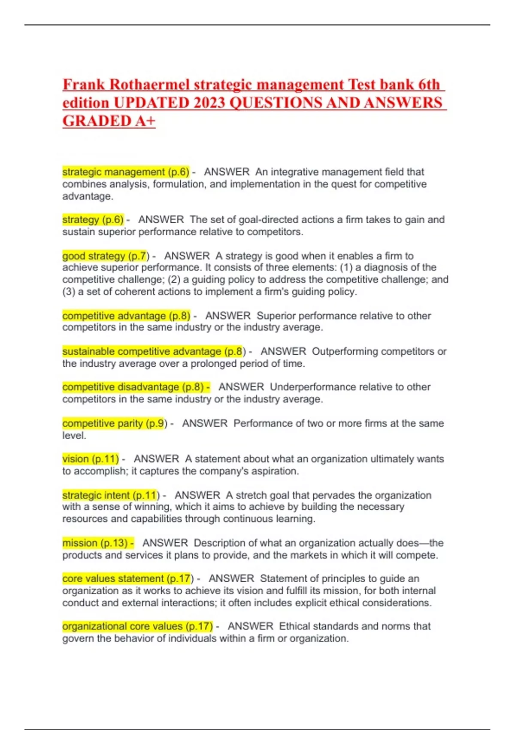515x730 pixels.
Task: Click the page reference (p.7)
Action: (x=139, y=256)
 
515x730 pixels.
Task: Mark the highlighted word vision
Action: (x=76, y=459)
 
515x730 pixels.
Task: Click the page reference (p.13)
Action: (x=114, y=543)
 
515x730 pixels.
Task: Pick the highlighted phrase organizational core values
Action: (x=122, y=627)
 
